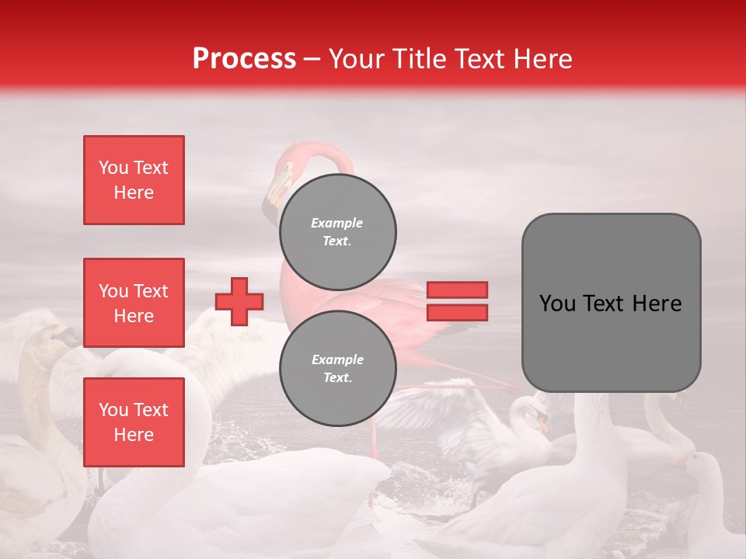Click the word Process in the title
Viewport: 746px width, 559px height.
[244, 58]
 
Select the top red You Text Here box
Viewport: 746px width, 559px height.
[134, 180]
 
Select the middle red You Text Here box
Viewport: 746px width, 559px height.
[134, 303]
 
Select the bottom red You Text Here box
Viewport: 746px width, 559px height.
[134, 422]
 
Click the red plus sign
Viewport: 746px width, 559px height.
[239, 301]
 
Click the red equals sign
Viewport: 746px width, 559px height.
[457, 301]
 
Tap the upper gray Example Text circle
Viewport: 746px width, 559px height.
[337, 232]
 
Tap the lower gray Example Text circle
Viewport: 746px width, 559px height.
[337, 369]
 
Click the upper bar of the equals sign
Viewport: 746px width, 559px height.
[457, 290]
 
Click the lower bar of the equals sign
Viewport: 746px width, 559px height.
[457, 312]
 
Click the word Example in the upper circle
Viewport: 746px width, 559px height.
[337, 223]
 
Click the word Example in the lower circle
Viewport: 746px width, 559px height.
[337, 359]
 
